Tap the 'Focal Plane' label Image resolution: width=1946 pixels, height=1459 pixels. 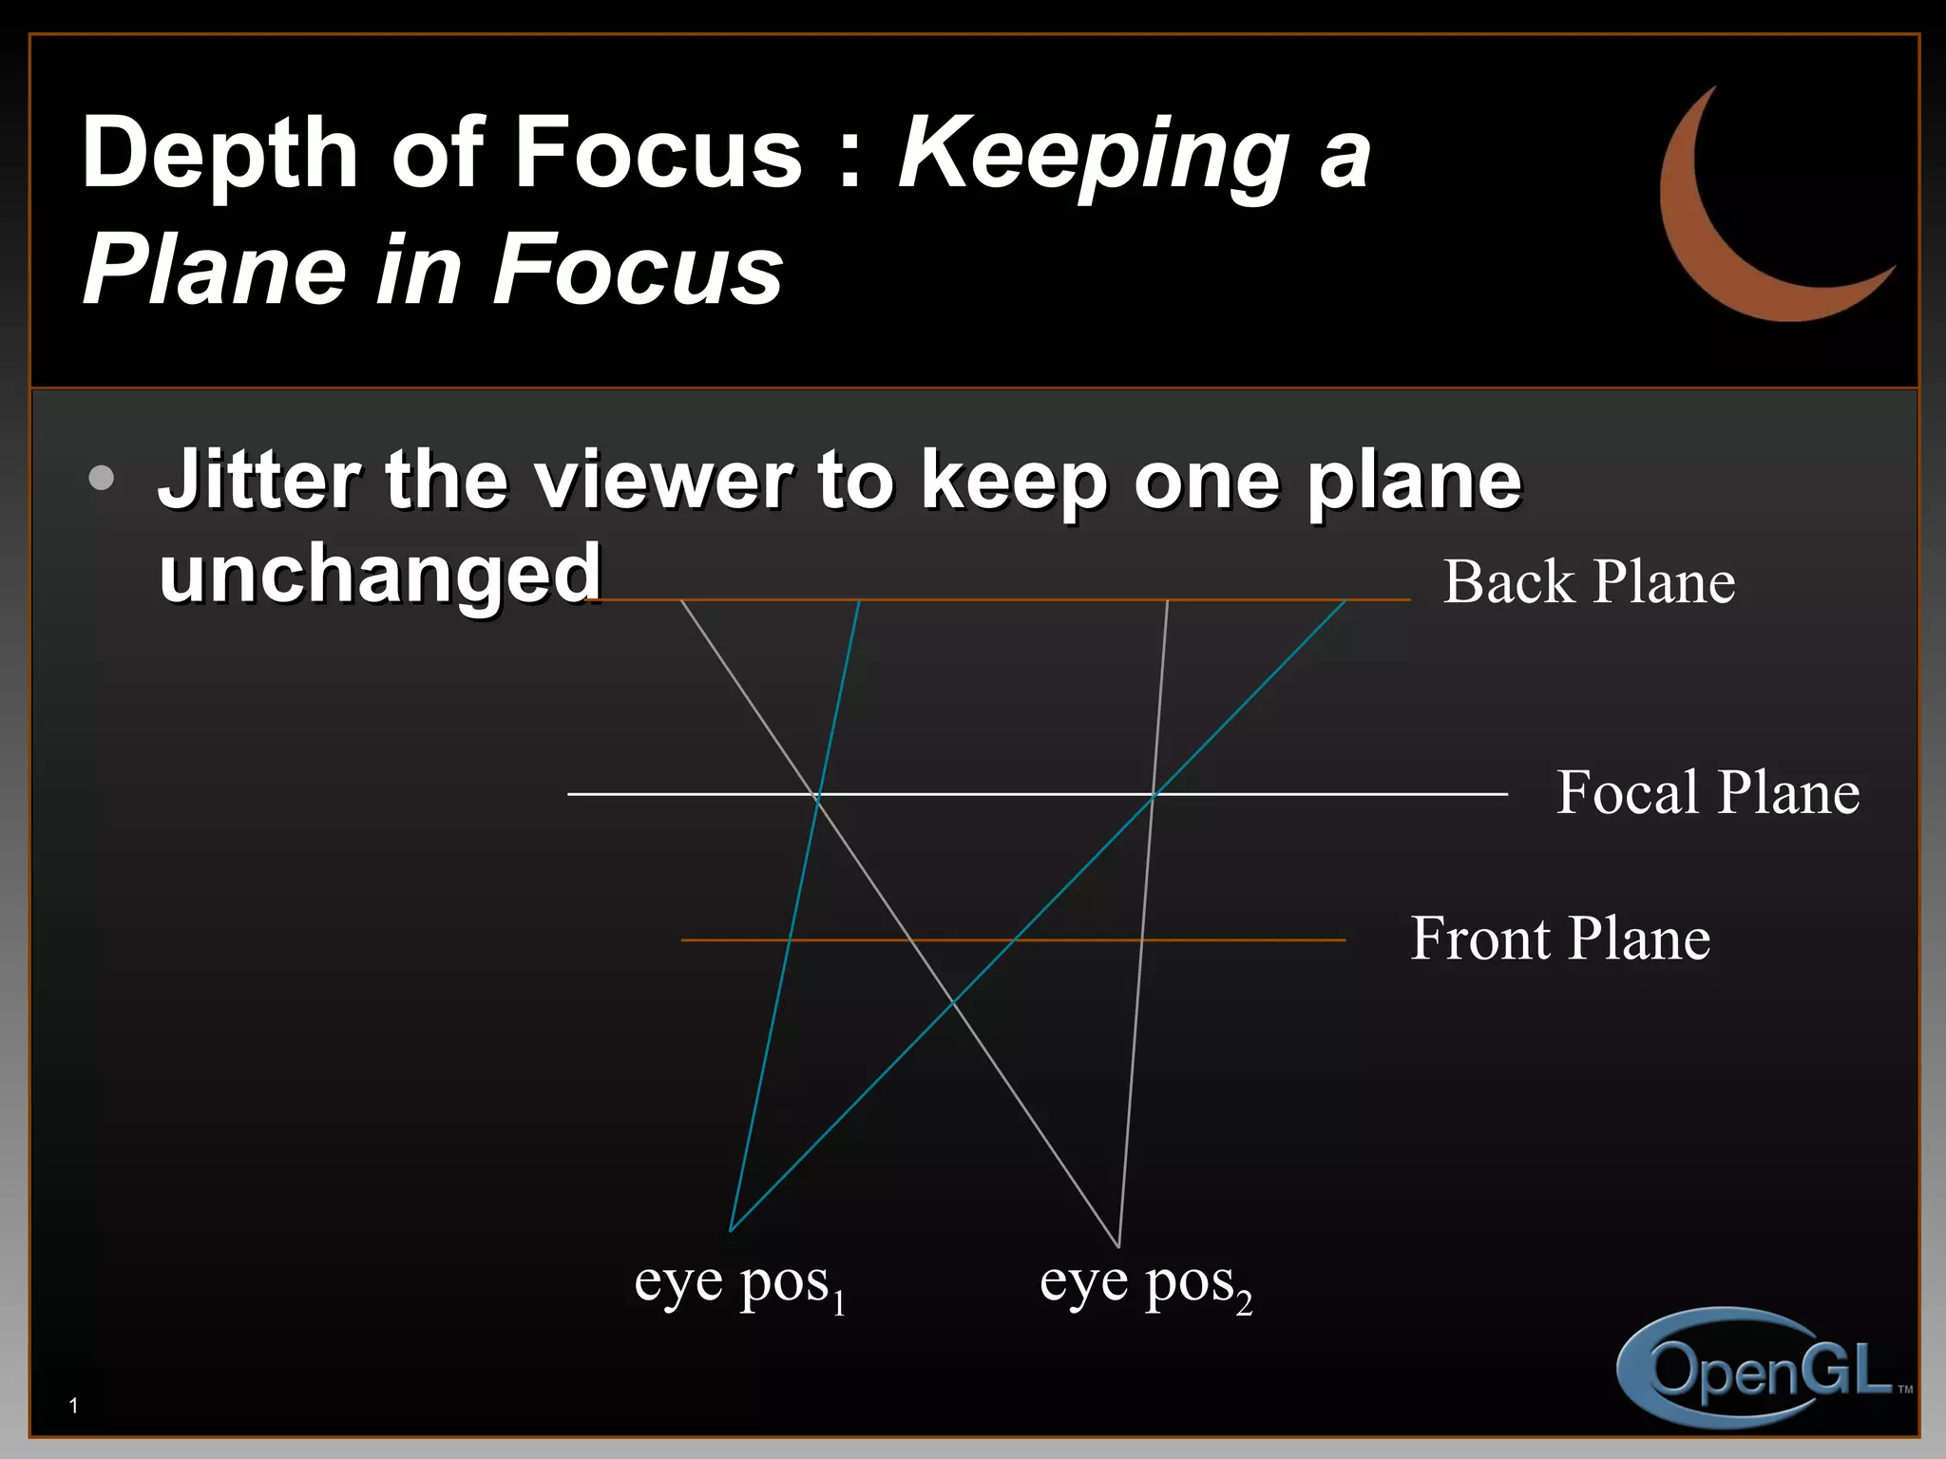[x=1708, y=792]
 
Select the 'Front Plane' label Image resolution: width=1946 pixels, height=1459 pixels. [x=1560, y=938]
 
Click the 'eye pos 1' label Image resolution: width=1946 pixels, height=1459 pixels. [x=739, y=1284]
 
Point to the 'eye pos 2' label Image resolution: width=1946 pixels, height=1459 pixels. [x=1145, y=1284]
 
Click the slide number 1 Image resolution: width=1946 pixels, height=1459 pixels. [x=73, y=1406]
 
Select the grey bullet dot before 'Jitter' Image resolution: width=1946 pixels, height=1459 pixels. [x=102, y=478]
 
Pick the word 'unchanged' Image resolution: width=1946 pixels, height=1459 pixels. [x=380, y=575]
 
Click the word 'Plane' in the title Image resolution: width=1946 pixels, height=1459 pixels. [x=215, y=271]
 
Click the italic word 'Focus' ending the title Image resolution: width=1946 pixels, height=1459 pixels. [x=637, y=271]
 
